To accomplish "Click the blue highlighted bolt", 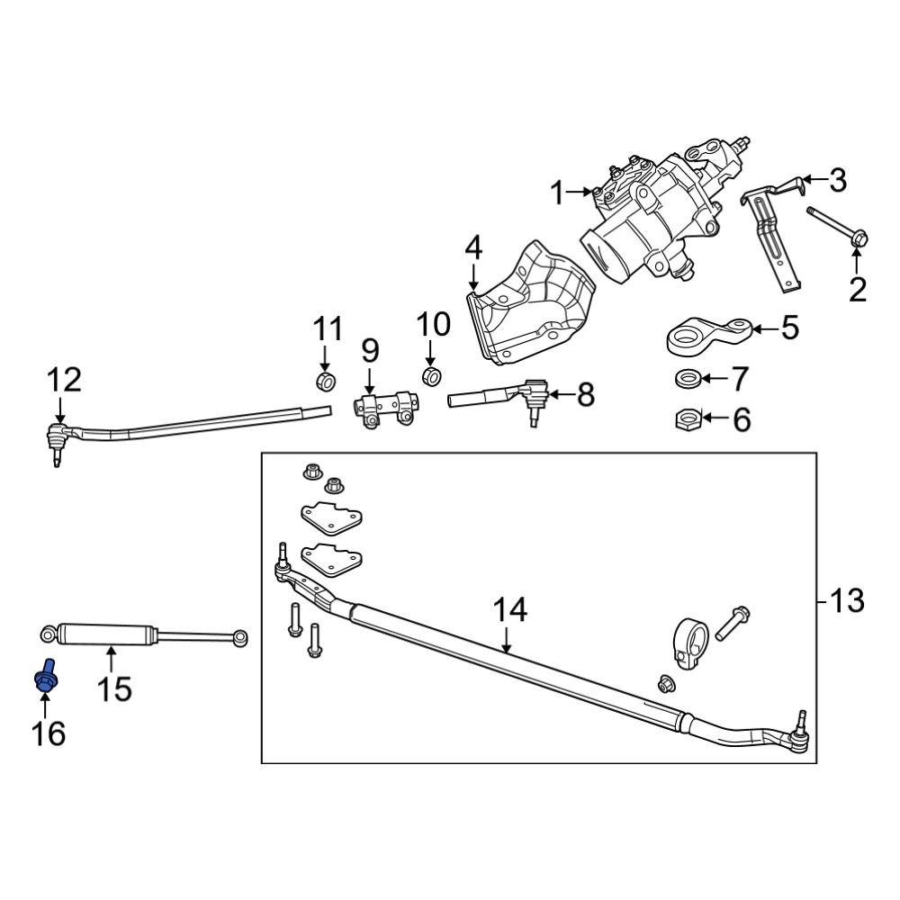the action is (46, 676).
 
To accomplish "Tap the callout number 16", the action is (49, 733).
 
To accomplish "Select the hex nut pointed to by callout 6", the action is (688, 420).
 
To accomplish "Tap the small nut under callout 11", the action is (326, 381).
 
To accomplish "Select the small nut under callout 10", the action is (431, 376).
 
